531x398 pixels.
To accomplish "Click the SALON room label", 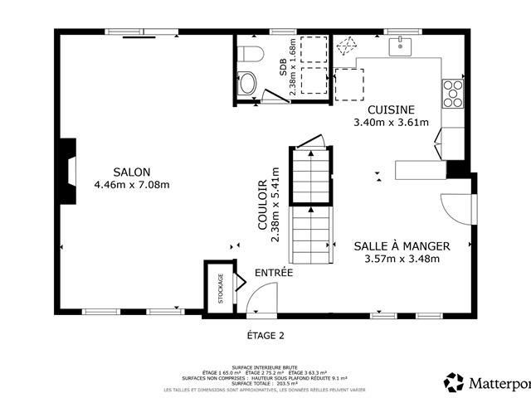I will pyautogui.click(x=132, y=172).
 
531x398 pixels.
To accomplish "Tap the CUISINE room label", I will pyautogui.click(x=391, y=109).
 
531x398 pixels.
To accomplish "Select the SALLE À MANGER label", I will pyautogui.click(x=402, y=246).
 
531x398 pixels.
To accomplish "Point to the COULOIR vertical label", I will pyautogui.click(x=263, y=206).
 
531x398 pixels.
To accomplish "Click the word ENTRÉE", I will pyautogui.click(x=273, y=272).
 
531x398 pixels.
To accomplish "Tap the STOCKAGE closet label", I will pyautogui.click(x=221, y=289).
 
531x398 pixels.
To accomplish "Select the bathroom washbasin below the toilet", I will pyautogui.click(x=247, y=84).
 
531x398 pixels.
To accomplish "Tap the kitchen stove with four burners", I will pyautogui.click(x=453, y=94).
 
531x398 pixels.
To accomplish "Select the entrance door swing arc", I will pyautogui.click(x=265, y=297).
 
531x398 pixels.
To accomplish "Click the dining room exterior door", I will pyautogui.click(x=455, y=207).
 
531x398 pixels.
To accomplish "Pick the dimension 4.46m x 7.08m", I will pyautogui.click(x=132, y=184).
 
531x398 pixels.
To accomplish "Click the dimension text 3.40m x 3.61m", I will pyautogui.click(x=391, y=123).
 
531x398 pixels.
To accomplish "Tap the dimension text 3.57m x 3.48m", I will pyautogui.click(x=402, y=259).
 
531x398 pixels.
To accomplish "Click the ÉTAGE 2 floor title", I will pyautogui.click(x=265, y=336).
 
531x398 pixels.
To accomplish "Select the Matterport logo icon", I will pyautogui.click(x=454, y=382).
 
